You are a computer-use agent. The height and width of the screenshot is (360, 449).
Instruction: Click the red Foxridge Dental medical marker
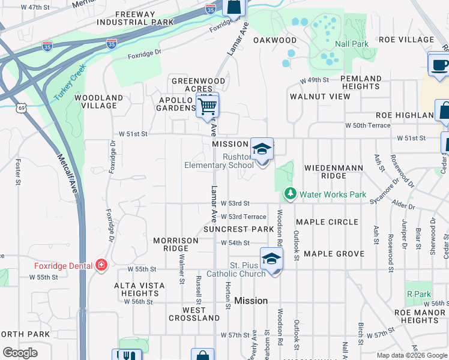101,265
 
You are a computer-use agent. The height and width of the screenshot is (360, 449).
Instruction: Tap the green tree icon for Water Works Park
290,194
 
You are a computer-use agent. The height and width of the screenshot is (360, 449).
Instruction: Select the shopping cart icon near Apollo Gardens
207,106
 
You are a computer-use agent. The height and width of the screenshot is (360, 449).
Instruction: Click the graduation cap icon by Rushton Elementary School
262,149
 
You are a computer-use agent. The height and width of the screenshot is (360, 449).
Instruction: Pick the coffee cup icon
439,64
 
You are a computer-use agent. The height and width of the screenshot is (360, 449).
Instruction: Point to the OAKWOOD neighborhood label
275,40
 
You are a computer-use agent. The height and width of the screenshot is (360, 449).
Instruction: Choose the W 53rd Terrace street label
243,217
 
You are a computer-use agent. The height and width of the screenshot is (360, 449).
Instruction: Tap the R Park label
419,294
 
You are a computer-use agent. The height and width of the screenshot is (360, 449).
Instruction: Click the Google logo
20,353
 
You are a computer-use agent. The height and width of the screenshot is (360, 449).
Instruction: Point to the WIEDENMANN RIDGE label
334,172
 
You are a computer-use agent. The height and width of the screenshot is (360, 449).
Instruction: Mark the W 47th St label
35,7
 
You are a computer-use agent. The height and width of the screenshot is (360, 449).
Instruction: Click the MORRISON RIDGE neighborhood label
175,244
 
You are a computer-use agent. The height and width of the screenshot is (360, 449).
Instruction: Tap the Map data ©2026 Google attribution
412,355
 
